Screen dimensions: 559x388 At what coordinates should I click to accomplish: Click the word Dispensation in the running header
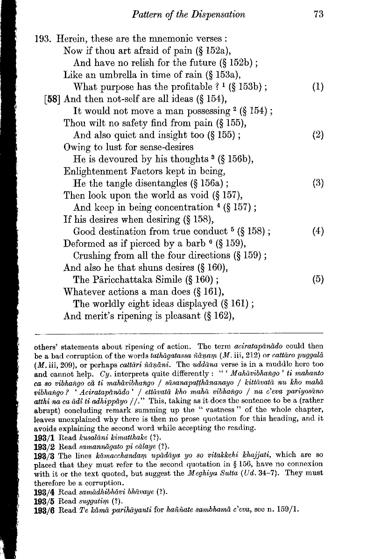218,14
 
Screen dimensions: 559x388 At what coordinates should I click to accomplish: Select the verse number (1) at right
319,87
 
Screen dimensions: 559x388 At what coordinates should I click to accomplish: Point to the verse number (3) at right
319,183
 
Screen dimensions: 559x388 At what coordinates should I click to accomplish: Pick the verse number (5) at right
319,280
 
